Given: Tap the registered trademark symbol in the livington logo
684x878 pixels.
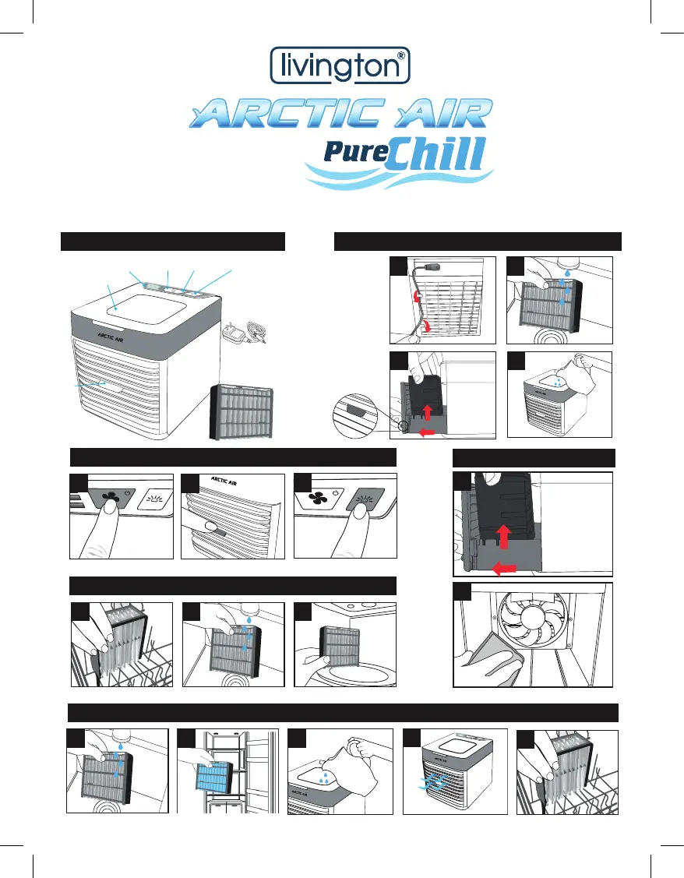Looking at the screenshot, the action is [x=400, y=56].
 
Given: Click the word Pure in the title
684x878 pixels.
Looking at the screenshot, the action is [x=354, y=150].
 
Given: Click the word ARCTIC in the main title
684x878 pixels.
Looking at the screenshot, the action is [x=281, y=113].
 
